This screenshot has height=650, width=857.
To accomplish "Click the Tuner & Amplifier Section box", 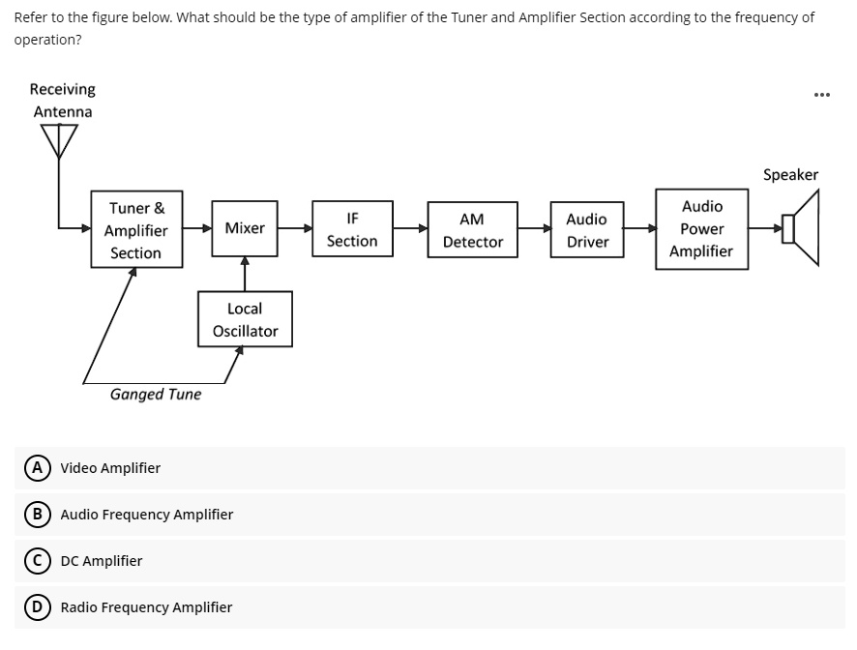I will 135,230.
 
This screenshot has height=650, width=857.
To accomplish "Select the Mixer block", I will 245,228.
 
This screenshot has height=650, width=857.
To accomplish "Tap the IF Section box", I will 352,229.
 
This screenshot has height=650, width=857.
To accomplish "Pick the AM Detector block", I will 472,230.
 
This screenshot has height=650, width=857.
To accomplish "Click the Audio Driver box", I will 587,230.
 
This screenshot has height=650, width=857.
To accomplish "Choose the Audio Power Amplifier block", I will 701,229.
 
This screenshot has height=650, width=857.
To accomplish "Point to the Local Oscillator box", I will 245,319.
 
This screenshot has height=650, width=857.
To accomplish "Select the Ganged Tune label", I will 156,395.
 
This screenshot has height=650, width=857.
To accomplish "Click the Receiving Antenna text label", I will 63,101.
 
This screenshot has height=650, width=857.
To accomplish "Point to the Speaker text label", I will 790,175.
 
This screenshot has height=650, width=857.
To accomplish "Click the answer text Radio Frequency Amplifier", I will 146,607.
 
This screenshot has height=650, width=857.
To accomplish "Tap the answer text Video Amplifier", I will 110,468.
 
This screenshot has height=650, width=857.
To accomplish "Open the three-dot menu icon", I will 821,95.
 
